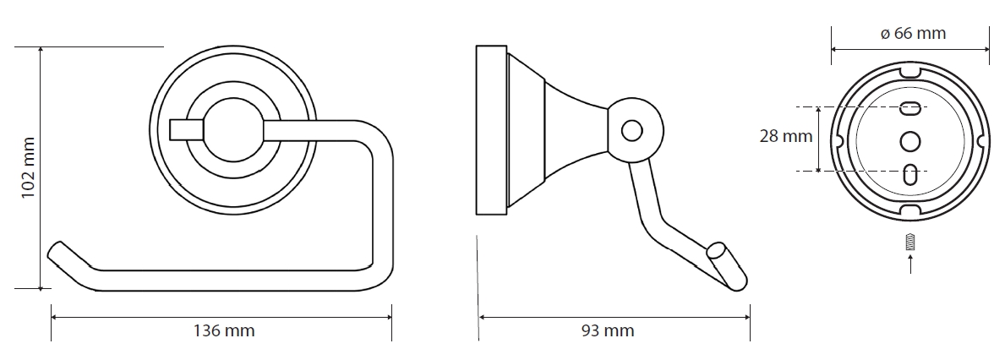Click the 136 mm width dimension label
tap(224, 330)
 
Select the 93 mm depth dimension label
tap(608, 330)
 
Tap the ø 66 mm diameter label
tap(913, 33)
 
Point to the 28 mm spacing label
tap(786, 136)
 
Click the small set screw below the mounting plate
tap(910, 243)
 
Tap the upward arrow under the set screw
tap(910, 264)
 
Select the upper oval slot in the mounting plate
tap(910, 108)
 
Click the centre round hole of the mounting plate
tap(910, 141)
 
